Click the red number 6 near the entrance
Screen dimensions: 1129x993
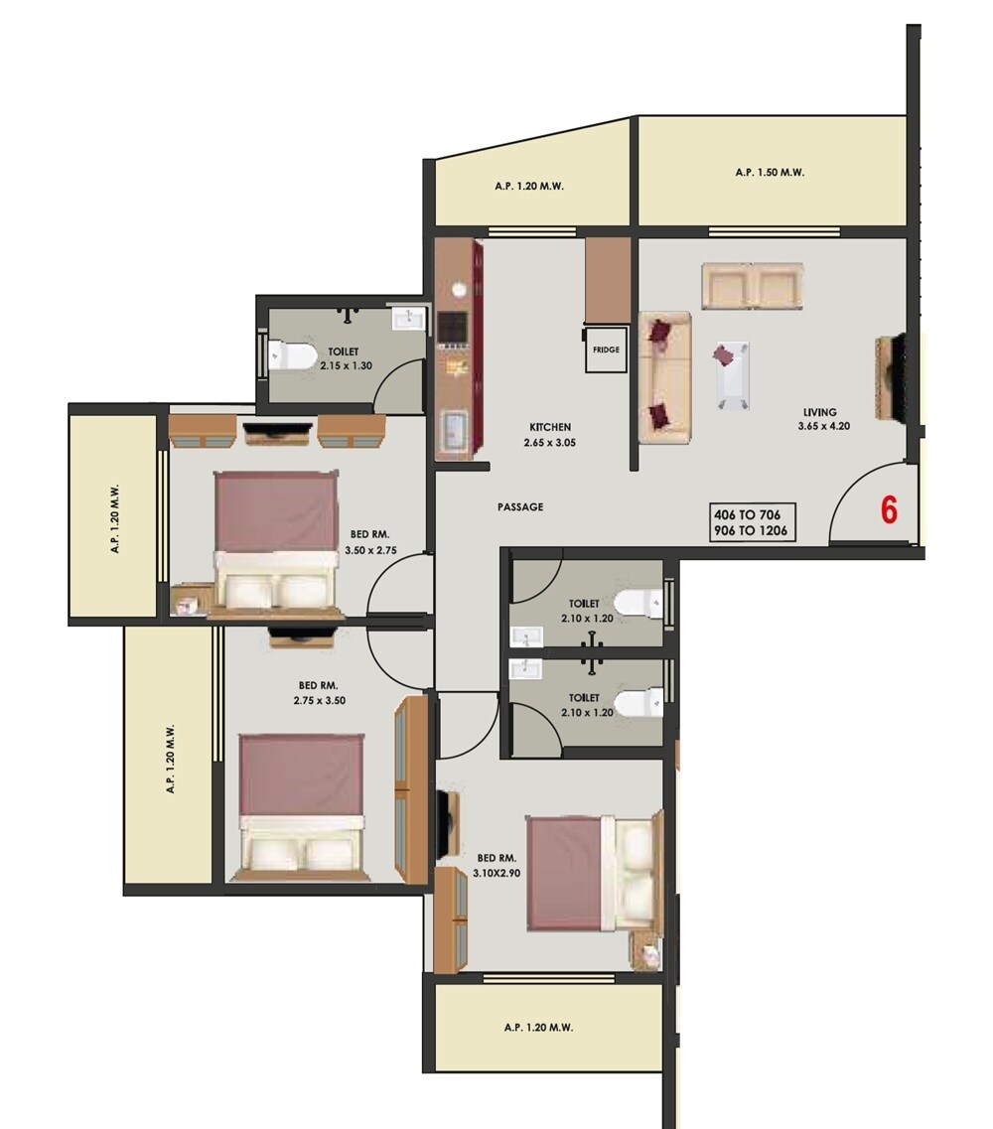pyautogui.click(x=889, y=509)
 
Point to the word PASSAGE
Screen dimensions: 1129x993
pyautogui.click(x=520, y=507)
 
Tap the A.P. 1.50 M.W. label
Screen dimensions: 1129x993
pyautogui.click(x=770, y=172)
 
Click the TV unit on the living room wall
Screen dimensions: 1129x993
pyautogui.click(x=890, y=378)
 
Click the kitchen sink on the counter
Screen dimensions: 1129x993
pyautogui.click(x=455, y=429)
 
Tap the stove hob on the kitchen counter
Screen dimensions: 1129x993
pyautogui.click(x=453, y=327)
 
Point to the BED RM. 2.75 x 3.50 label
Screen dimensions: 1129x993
pyautogui.click(x=319, y=693)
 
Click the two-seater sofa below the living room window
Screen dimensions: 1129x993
pyautogui.click(x=751, y=286)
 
